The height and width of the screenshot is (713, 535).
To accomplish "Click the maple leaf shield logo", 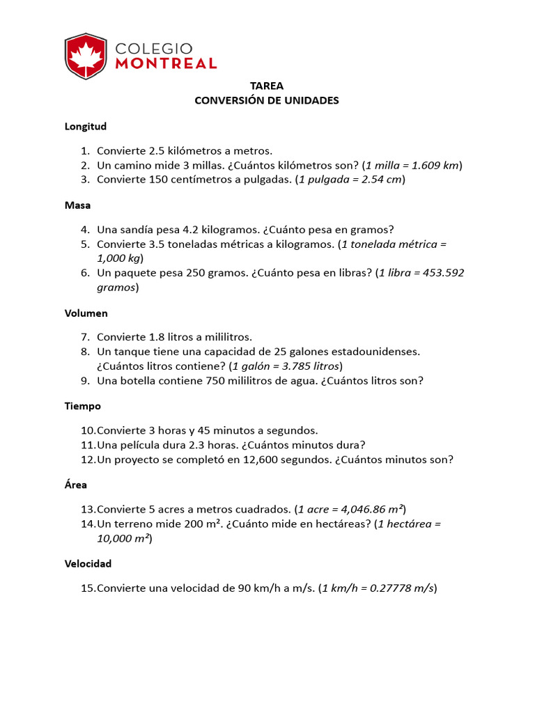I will point(86,56).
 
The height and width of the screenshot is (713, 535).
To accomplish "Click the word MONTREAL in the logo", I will point(166,63).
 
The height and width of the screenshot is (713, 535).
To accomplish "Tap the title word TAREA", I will point(267,86).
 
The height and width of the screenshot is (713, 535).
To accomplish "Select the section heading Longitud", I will point(86,126).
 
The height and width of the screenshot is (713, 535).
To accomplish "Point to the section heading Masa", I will point(77,205).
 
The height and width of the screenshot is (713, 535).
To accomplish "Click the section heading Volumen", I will point(86,313).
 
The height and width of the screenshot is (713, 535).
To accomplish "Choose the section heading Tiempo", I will point(83,406).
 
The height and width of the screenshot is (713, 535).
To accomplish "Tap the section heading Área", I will point(76,484).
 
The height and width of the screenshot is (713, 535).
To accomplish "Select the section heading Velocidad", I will point(88,563).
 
